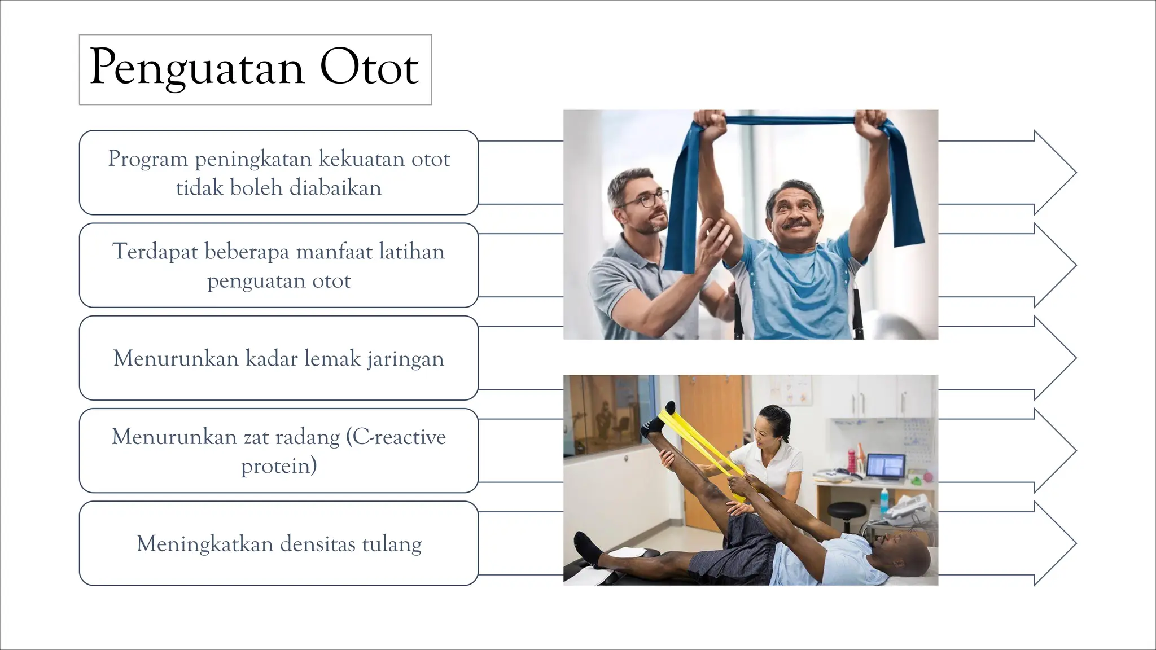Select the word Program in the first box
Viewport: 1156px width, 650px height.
[148, 159]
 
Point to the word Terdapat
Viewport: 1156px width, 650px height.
[155, 252]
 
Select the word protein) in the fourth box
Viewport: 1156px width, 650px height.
[279, 466]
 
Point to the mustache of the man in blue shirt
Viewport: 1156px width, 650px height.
[797, 224]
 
